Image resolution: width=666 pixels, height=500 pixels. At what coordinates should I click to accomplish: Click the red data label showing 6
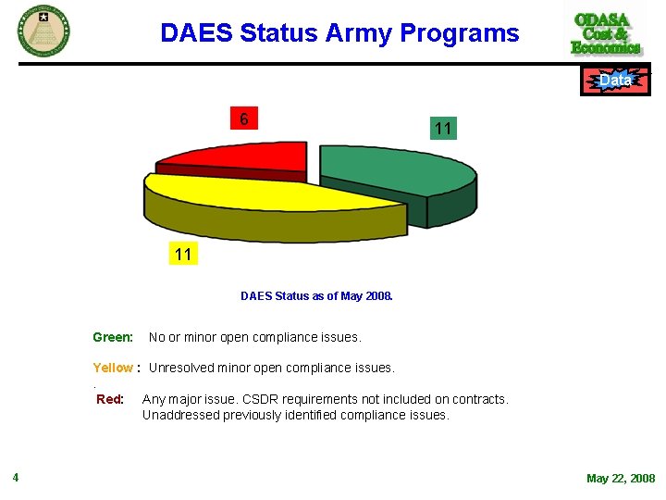coord(244,119)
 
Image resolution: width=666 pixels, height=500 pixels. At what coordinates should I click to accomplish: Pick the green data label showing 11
coord(442,130)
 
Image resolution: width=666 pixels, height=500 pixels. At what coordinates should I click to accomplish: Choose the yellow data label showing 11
coord(183,254)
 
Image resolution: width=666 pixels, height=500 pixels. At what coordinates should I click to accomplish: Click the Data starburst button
coord(615,81)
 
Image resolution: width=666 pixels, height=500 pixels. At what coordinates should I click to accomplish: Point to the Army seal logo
coord(43,30)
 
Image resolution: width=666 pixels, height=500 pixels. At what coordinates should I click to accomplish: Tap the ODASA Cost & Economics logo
coord(606,33)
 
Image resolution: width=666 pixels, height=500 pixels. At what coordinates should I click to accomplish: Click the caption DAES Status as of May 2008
coord(316,296)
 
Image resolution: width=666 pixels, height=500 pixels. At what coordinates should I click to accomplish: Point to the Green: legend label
coord(113,337)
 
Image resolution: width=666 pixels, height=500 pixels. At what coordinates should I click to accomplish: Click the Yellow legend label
coord(113,368)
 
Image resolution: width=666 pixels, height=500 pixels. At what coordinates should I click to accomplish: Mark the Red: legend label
coord(110,399)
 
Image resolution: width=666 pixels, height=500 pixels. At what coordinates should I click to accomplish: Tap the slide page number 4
coord(16,478)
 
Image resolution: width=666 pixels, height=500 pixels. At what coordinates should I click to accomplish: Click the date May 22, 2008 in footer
coord(620,479)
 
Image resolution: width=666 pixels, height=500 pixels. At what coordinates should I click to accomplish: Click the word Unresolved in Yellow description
coord(180,368)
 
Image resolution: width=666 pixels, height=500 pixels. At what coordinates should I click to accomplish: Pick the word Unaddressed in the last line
coord(180,415)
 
